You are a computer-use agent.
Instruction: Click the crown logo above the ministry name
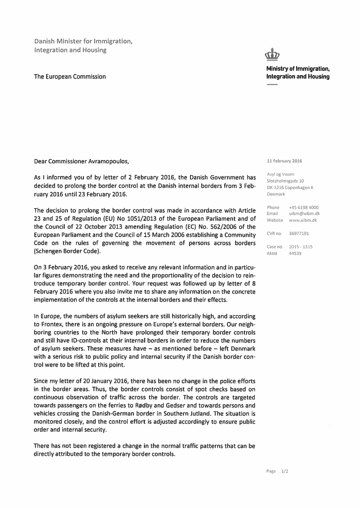[x=272, y=54]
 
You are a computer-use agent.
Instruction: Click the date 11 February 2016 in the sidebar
[x=284, y=161]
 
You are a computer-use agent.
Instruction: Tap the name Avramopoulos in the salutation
[x=108, y=161]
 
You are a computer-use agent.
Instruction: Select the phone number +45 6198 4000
[x=303, y=207]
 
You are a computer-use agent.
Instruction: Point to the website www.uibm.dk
[x=303, y=220]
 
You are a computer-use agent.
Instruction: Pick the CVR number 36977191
[x=299, y=233]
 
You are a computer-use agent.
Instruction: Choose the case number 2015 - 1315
[x=300, y=247]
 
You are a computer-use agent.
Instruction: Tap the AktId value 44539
[x=295, y=253]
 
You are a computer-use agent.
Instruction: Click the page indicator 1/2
[x=285, y=471]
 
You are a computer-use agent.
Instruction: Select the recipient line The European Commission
[x=70, y=76]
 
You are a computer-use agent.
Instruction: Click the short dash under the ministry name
[x=272, y=84]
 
